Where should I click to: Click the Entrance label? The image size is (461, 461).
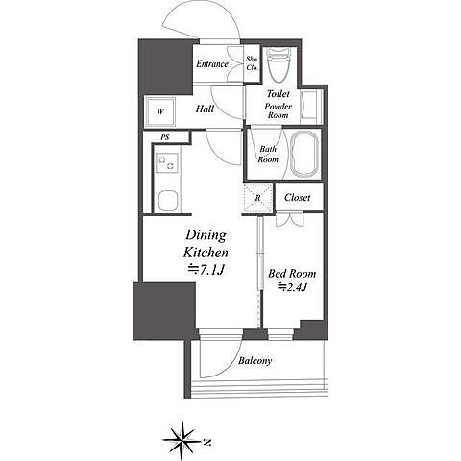click(212, 64)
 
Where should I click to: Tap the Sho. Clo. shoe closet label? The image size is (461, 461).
click(253, 63)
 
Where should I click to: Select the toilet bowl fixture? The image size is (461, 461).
click(279, 64)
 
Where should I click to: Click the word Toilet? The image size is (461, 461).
click(278, 94)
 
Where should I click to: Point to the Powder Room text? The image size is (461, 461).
click(278, 110)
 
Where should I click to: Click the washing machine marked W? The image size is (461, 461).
click(160, 111)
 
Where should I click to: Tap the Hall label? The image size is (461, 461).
click(205, 109)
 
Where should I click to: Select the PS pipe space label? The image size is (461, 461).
click(165, 137)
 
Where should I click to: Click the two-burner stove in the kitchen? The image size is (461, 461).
click(167, 162)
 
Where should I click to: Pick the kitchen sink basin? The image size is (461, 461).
click(167, 201)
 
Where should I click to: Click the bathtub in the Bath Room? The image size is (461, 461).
click(304, 154)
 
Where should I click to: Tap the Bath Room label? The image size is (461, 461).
click(268, 154)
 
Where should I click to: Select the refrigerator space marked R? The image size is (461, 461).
click(258, 198)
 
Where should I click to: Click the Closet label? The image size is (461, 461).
click(297, 197)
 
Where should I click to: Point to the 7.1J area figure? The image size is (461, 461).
click(206, 271)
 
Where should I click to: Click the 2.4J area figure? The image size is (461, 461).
click(292, 287)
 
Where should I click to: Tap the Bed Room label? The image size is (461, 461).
click(292, 274)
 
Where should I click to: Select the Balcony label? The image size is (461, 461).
click(255, 361)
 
